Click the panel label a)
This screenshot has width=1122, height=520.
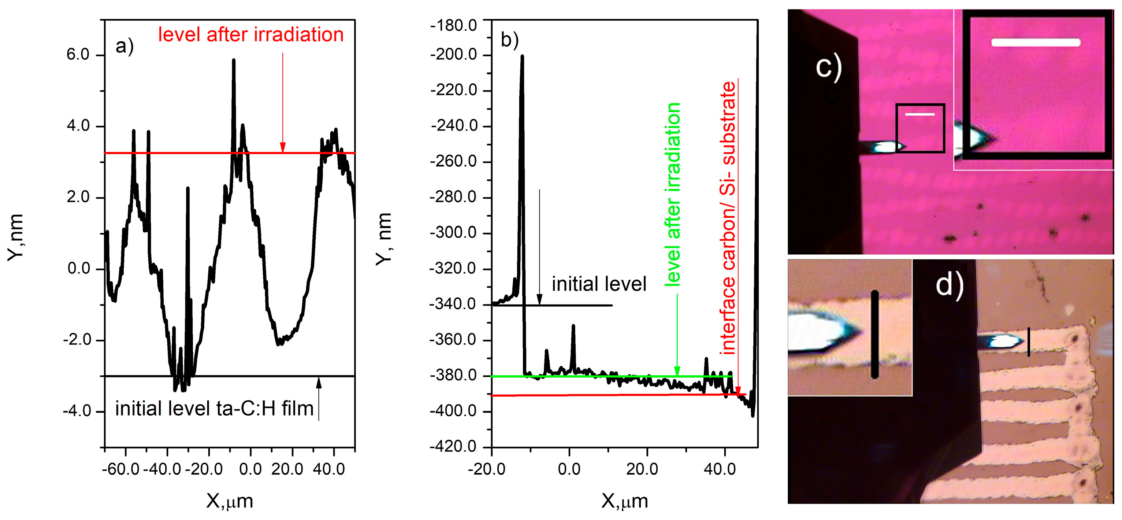pos(124,46)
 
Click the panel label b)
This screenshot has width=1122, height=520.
pos(510,40)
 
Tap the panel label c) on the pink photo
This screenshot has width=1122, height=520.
pos(828,67)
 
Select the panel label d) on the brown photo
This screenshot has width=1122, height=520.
pos(950,285)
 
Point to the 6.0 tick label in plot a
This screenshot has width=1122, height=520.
pos(78,55)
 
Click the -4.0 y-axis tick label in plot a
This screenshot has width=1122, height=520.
pos(77,411)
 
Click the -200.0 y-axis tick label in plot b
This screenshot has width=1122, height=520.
pos(453,55)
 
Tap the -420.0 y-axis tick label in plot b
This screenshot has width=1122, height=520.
pos(453,447)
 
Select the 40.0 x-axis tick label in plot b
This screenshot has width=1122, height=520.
pos(720,469)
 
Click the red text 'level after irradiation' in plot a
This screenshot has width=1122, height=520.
pos(250,35)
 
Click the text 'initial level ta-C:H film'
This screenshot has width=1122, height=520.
pos(214,409)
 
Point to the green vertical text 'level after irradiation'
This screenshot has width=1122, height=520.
pos(673,194)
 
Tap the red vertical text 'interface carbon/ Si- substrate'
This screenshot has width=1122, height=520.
pos(728,218)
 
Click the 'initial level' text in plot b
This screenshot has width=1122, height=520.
pos(599,284)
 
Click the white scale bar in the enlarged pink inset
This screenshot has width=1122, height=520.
pos(1036,42)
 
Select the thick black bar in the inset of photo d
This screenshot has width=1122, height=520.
pos(874,334)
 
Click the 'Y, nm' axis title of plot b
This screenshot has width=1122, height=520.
pos(384,239)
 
